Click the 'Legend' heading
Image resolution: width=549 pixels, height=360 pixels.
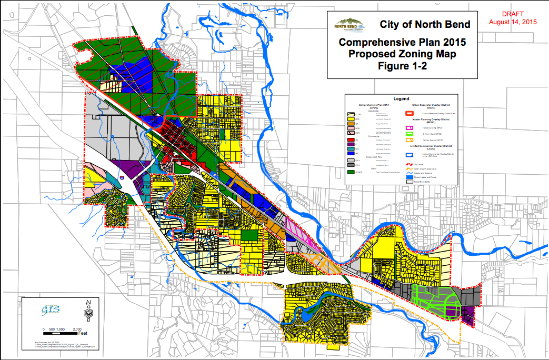[401, 98]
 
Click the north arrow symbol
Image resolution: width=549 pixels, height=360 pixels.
[88, 311]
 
